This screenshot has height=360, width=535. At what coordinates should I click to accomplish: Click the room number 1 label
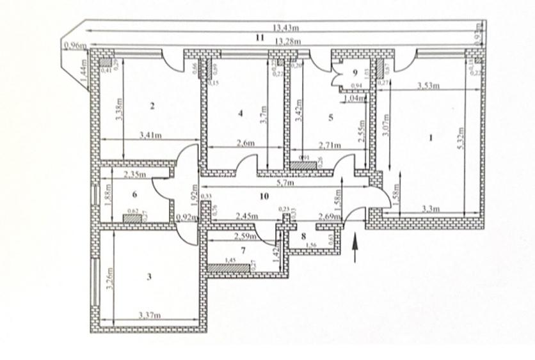click(x=431, y=136)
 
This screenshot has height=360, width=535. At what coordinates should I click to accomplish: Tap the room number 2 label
click(x=152, y=107)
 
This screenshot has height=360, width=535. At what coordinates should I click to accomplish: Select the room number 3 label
click(x=150, y=277)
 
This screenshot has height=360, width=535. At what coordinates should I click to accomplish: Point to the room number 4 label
click(x=241, y=113)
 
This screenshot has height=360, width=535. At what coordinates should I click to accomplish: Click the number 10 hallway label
click(x=264, y=196)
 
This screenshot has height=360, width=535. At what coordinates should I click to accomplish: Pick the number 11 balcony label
click(x=259, y=38)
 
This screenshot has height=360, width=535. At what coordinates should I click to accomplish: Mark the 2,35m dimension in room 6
click(x=134, y=174)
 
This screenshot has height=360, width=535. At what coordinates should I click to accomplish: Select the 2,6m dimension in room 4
click(x=246, y=144)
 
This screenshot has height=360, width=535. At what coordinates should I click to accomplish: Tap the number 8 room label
click(x=304, y=235)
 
